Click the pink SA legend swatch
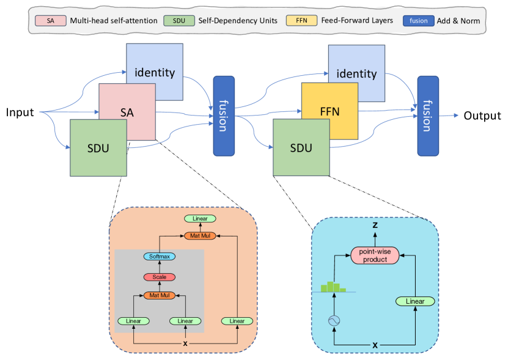[51, 21]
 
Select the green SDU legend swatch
[179, 21]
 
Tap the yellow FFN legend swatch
[301, 20]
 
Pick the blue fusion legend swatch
[419, 21]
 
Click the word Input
[20, 112]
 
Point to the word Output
[482, 116]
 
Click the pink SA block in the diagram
[127, 112]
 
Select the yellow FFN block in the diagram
[330, 111]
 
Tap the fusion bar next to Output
[428, 116]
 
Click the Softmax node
[160, 257]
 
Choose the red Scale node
[160, 277]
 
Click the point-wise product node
[375, 255]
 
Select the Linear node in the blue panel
[415, 301]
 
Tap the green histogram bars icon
[334, 287]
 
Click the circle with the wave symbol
[334, 321]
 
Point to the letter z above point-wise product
[375, 224]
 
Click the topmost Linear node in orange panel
[201, 219]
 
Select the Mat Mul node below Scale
[160, 295]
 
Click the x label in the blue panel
[375, 345]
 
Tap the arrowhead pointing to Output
[456, 116]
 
